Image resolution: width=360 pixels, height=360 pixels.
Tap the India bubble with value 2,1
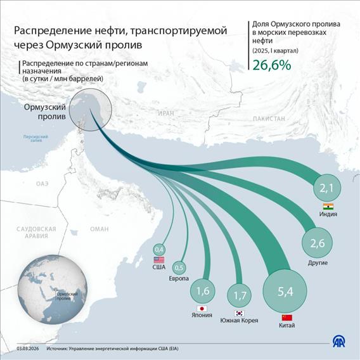tap(327, 188)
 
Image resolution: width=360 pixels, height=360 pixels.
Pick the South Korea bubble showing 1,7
tap(240, 294)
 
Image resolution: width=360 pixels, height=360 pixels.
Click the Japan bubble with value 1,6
tap(203, 292)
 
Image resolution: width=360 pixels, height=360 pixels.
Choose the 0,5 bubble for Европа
tap(179, 267)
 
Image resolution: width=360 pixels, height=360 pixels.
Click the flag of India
tap(328, 206)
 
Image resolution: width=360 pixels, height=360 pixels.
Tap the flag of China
tap(286, 317)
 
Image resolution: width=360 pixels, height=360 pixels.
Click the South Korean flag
tap(240, 313)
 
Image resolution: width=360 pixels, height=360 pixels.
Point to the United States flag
tap(159, 260)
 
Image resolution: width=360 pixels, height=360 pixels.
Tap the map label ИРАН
tap(166, 113)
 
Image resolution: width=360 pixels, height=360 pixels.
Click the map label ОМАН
tap(99, 229)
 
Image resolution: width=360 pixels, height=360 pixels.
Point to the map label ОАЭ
tap(42, 183)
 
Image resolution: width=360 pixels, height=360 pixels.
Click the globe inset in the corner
tap(51, 289)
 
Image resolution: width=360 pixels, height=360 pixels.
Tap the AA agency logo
tap(340, 342)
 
